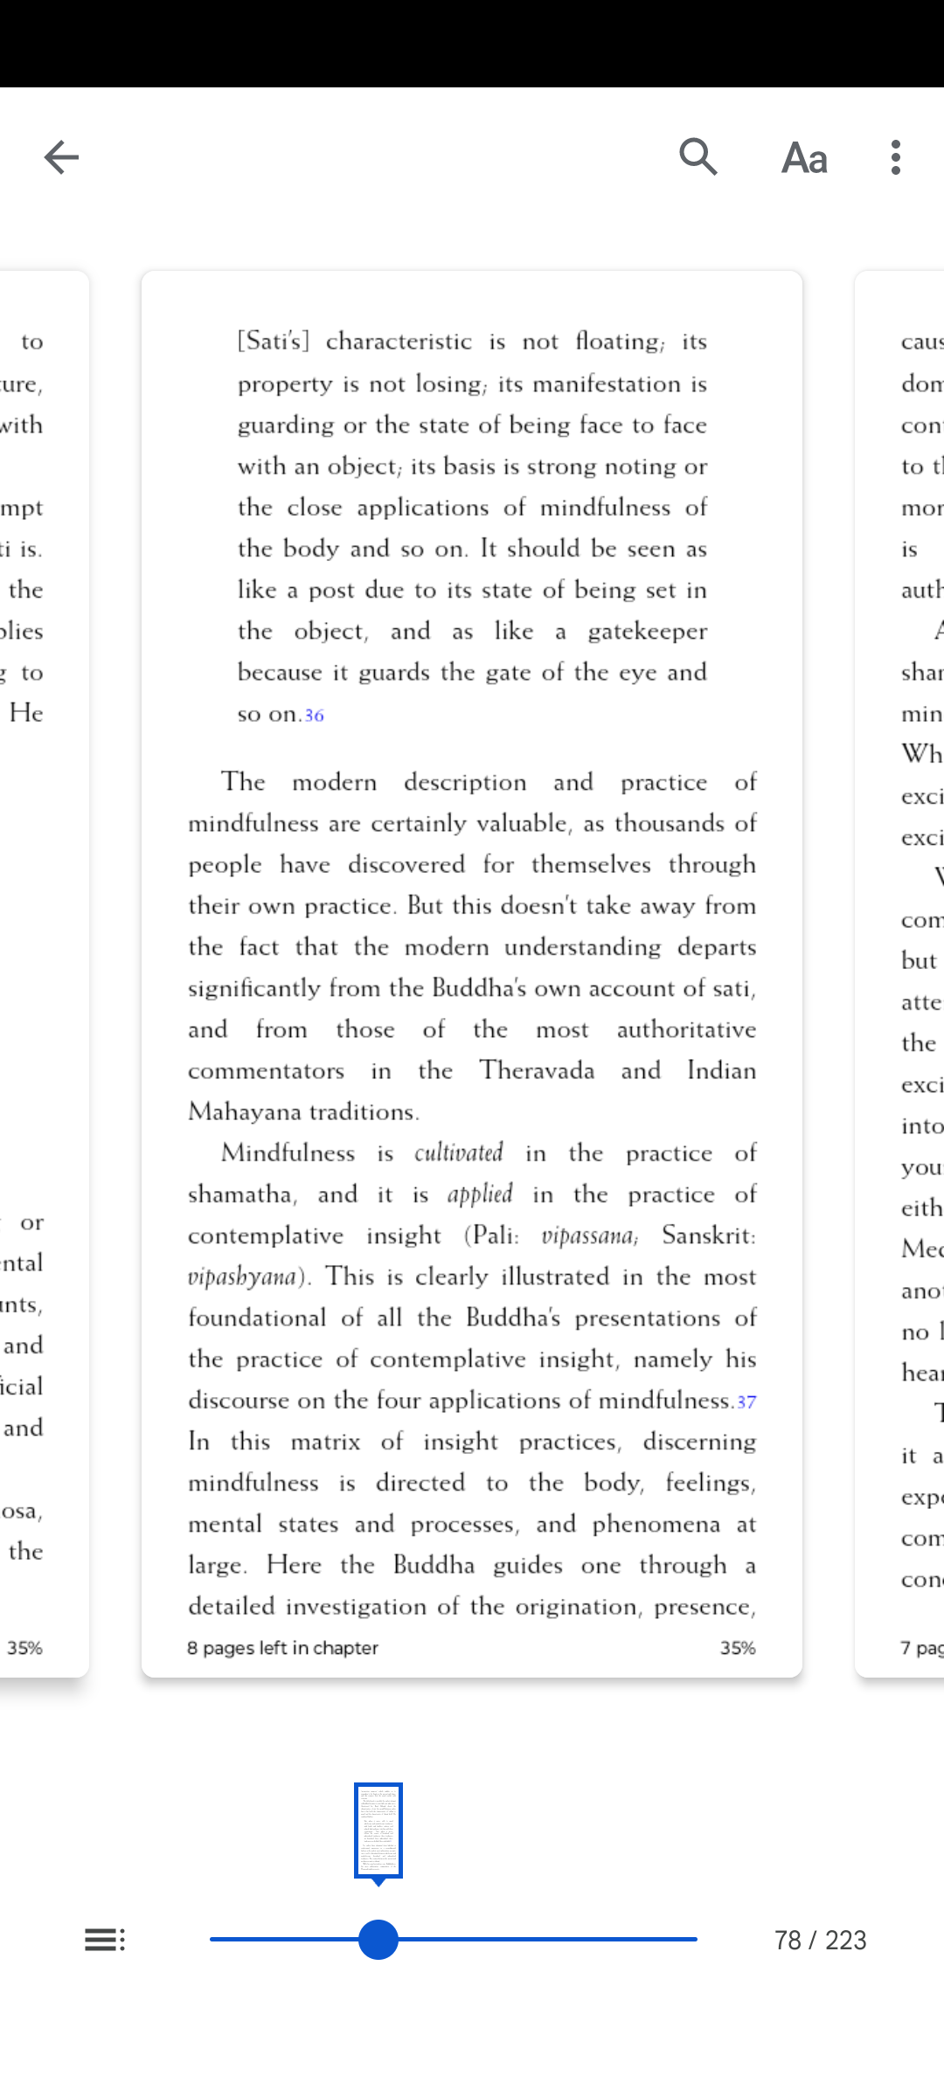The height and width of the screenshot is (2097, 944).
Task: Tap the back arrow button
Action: [x=61, y=157]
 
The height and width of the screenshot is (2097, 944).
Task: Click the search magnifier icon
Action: [x=698, y=157]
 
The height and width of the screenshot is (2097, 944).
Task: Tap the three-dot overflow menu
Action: [x=896, y=157]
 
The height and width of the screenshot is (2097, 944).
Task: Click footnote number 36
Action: [x=315, y=716]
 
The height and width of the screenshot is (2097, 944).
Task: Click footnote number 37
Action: [x=746, y=1402]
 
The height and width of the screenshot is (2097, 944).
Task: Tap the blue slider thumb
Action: [x=378, y=1940]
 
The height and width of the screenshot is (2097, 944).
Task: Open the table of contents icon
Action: [x=105, y=1940]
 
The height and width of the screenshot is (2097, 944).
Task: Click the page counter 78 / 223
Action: [x=820, y=1941]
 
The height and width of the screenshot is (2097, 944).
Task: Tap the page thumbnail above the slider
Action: [x=378, y=1830]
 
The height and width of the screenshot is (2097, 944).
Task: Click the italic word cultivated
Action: [x=459, y=1153]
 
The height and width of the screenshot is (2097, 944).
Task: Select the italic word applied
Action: [x=480, y=1194]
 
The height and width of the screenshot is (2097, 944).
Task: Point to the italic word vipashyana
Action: [x=242, y=1277]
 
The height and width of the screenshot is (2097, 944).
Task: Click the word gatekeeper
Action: [x=647, y=632]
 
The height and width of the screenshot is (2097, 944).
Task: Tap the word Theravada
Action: [x=537, y=1071]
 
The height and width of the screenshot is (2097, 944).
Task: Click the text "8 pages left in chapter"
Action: [x=282, y=1648]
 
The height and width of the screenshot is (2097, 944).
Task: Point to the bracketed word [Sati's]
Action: [x=274, y=341]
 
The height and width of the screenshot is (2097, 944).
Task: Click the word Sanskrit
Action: [x=708, y=1235]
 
